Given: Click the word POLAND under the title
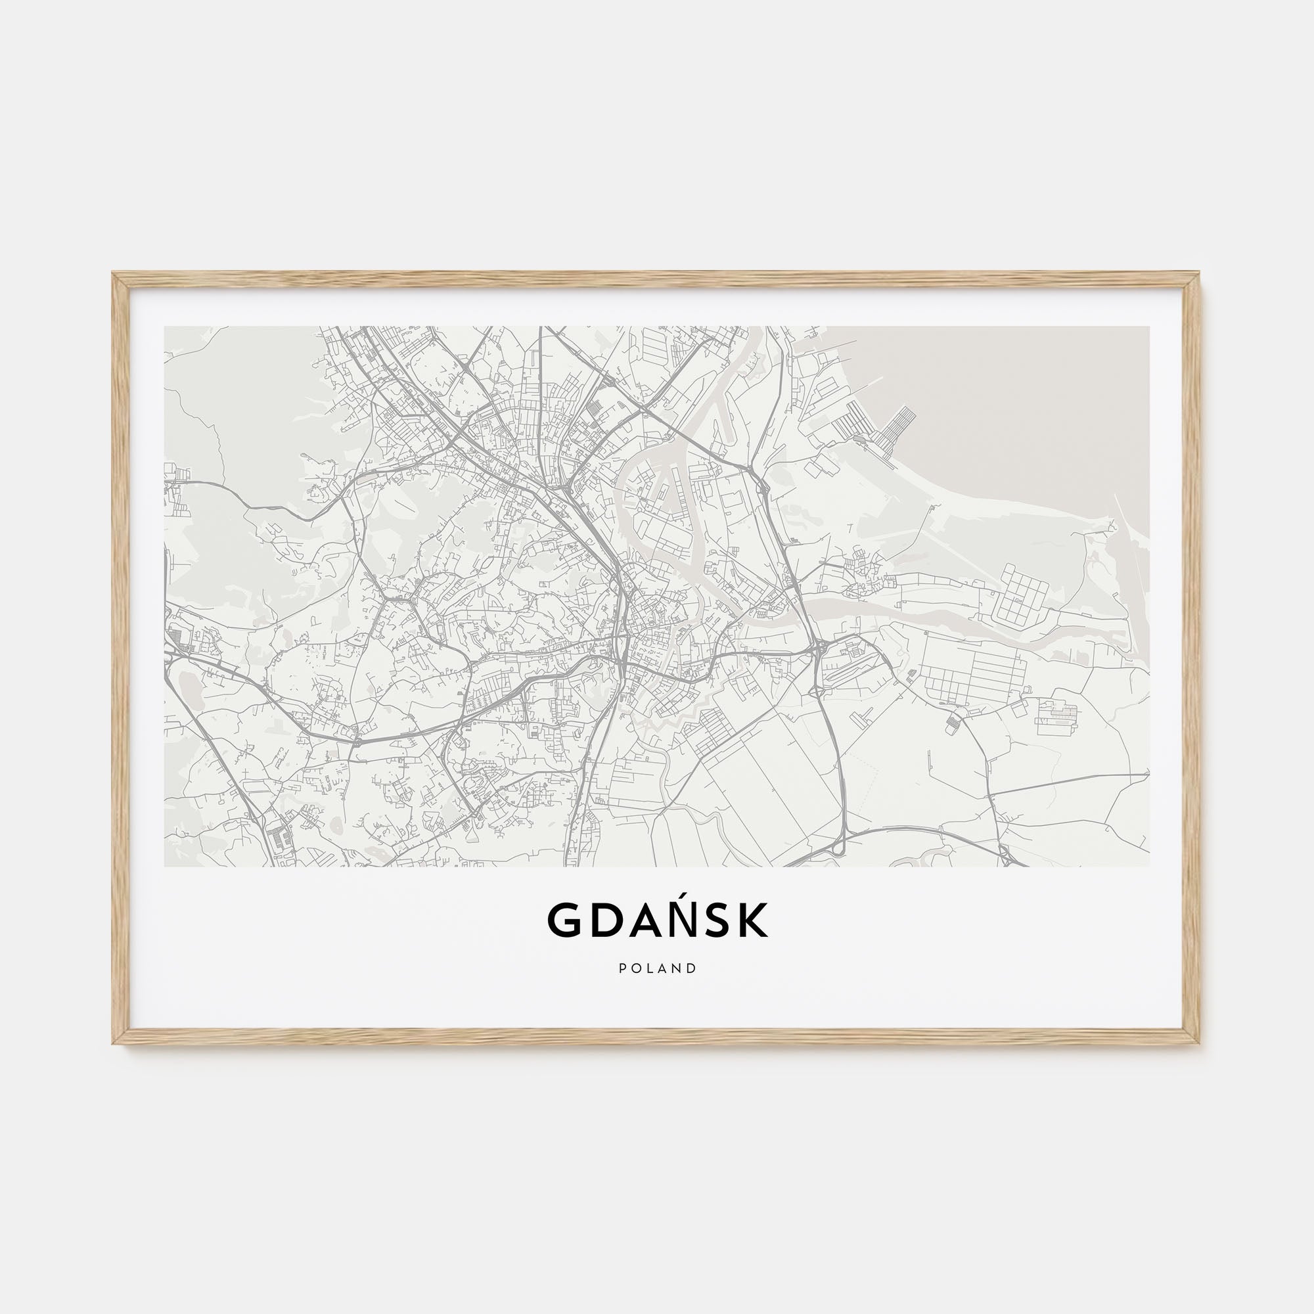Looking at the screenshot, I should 657,968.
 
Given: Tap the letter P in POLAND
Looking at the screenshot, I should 622,968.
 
